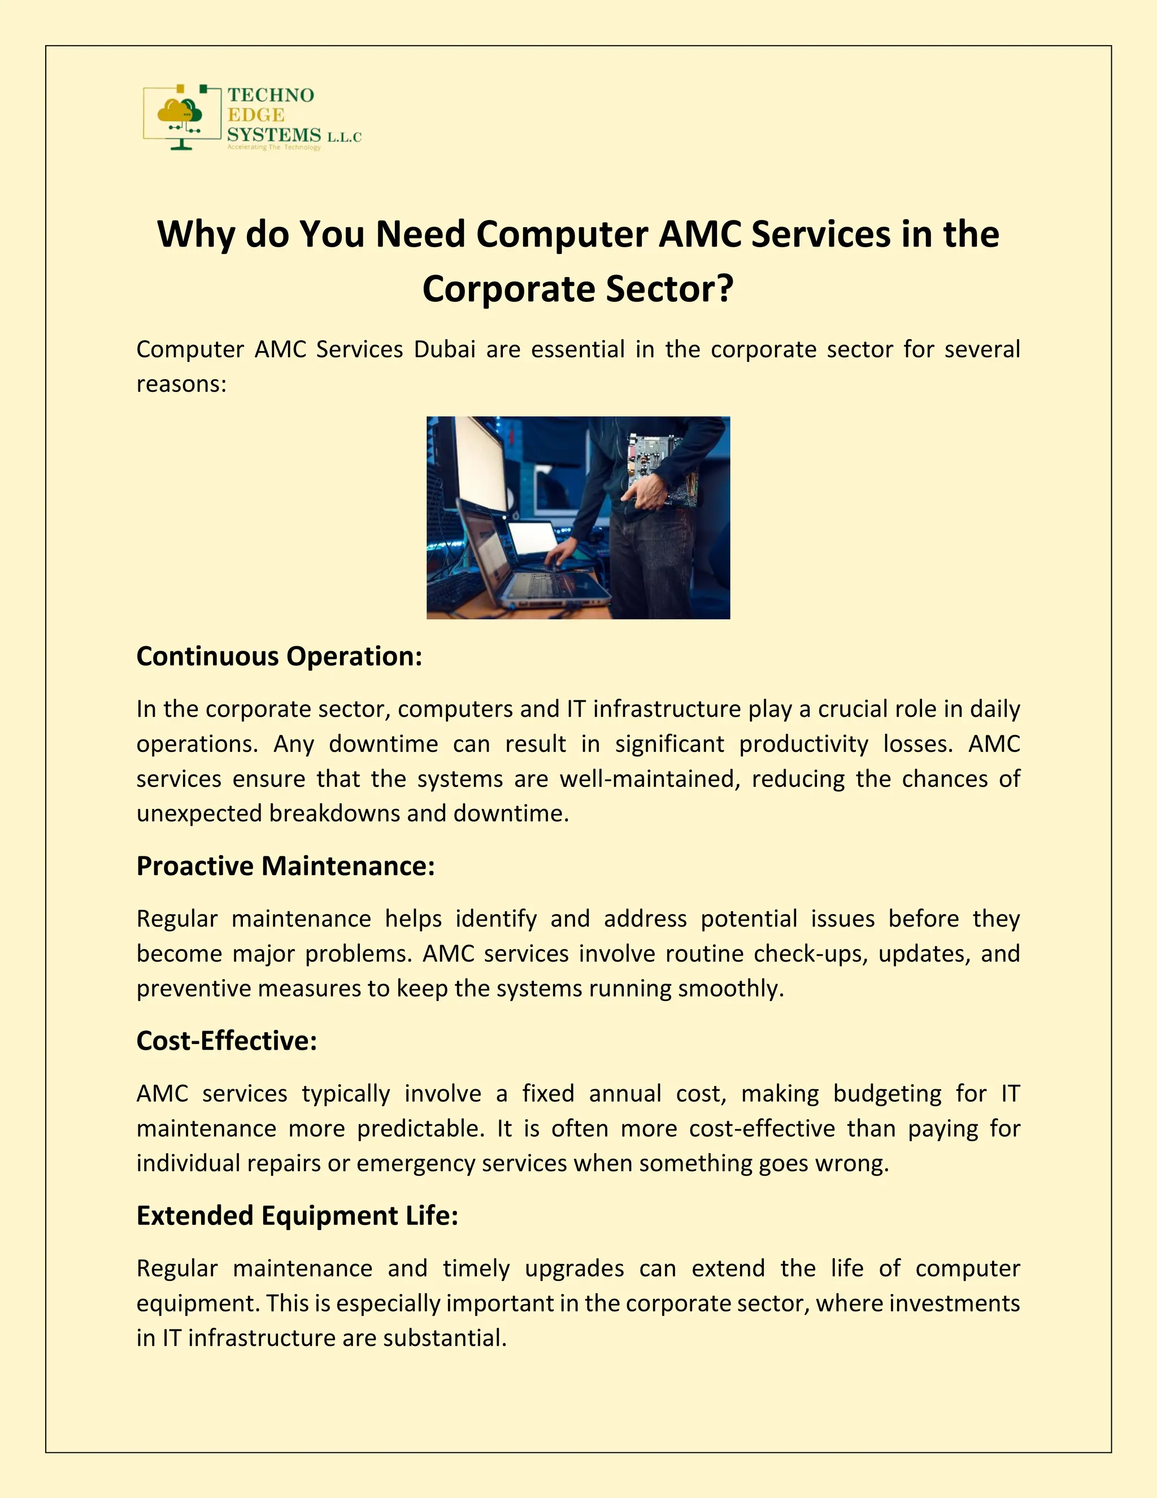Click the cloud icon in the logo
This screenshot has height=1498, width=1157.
point(180,112)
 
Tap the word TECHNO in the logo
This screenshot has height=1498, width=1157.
point(271,96)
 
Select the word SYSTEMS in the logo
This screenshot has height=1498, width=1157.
point(274,135)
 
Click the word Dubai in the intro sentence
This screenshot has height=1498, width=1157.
point(444,350)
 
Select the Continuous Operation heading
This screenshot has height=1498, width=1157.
point(279,656)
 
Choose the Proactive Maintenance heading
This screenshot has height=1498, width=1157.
point(285,866)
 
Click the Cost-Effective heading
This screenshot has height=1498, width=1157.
point(226,1041)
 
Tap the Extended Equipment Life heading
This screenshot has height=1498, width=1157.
point(297,1216)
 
